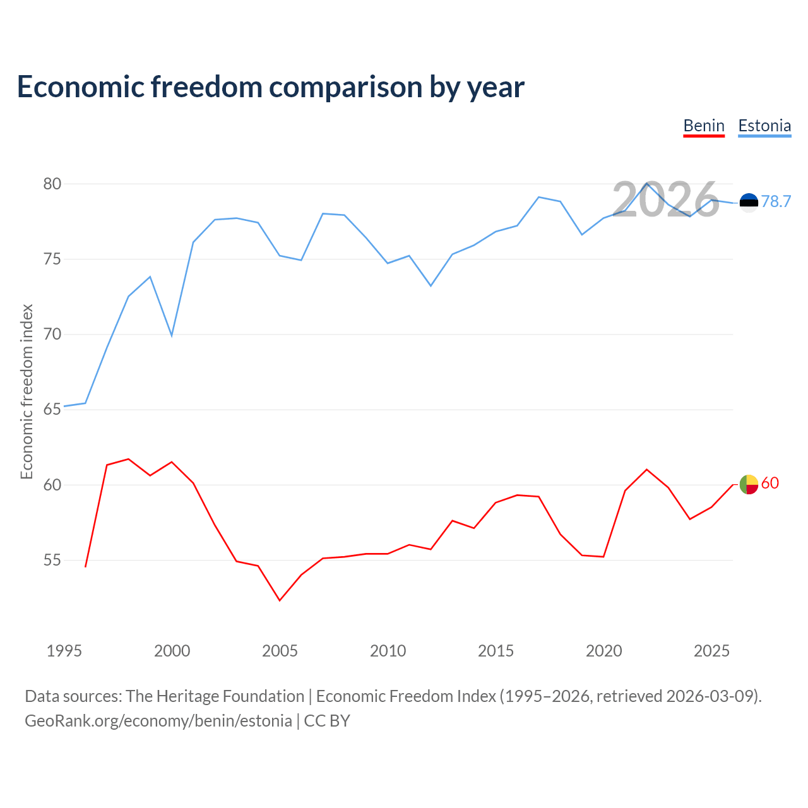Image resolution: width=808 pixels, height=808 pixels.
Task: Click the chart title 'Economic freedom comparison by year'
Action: tap(270, 87)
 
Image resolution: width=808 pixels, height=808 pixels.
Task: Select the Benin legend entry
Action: tap(704, 126)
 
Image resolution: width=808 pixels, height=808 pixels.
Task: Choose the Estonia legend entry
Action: tap(764, 126)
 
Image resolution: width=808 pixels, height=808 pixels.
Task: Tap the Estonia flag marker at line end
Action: tap(749, 202)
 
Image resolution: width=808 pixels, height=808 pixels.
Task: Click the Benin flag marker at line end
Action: tap(749, 484)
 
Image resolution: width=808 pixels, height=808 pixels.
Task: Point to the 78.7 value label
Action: tap(776, 201)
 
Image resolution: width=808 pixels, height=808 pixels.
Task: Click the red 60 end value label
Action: tap(770, 484)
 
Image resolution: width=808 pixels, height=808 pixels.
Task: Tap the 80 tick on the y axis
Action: tap(52, 184)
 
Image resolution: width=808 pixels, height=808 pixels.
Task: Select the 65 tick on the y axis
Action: tap(52, 410)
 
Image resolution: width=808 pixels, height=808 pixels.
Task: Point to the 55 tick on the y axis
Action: tap(52, 561)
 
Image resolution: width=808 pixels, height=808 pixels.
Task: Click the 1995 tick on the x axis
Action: tap(64, 651)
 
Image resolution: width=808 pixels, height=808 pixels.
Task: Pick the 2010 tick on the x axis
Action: tap(388, 651)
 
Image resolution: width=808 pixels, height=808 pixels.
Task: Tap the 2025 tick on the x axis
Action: tap(711, 651)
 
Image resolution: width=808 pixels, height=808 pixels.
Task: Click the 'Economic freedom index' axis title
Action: tap(27, 391)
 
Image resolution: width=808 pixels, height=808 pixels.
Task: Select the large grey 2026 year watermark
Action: tap(665, 200)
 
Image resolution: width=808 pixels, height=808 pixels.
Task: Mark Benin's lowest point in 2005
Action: tap(280, 600)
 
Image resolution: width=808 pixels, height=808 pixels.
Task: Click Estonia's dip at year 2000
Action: tap(172, 335)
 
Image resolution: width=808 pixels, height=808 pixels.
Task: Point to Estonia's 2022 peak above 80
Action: tap(646, 183)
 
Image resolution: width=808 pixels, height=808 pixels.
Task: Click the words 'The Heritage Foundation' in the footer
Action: tap(215, 696)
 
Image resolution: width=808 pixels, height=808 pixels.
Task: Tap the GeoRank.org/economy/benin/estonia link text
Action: tap(158, 721)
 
